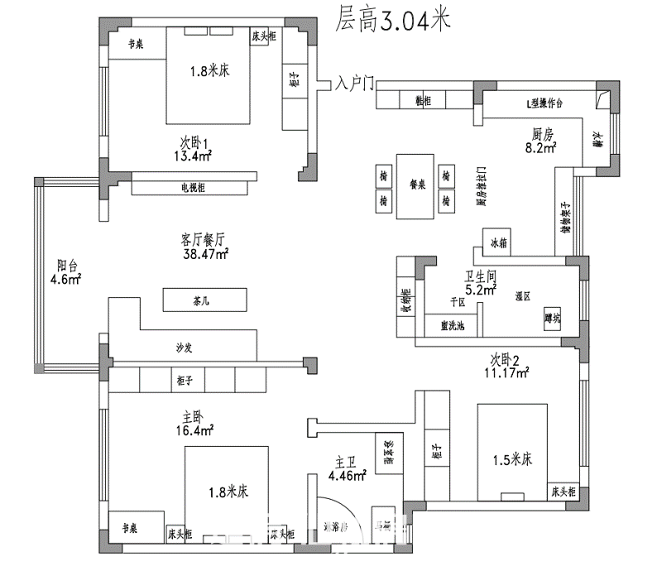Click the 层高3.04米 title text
pyautogui.click(x=394, y=21)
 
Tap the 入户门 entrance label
pyautogui.click(x=356, y=84)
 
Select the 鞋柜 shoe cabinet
pyautogui.click(x=422, y=100)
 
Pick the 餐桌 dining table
pyautogui.click(x=417, y=187)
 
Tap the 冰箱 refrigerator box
pyautogui.click(x=499, y=244)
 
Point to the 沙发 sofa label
pyautogui.click(x=185, y=348)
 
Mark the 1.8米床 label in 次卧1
pyautogui.click(x=209, y=72)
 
